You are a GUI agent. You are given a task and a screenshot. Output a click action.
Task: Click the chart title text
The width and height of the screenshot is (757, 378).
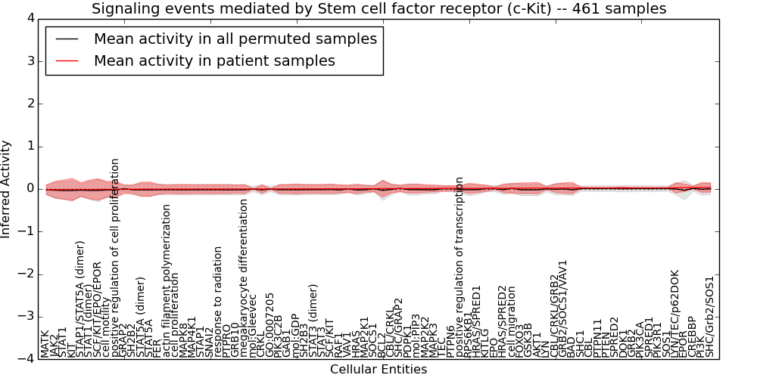pyautogui.click(x=378, y=9)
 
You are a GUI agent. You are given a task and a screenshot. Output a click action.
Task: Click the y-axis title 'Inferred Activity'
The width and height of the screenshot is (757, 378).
pyautogui.click(x=6, y=188)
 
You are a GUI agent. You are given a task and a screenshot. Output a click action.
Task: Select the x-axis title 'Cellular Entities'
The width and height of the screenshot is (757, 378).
pyautogui.click(x=378, y=370)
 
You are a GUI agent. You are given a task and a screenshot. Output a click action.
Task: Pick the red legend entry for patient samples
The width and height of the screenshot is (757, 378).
pyautogui.click(x=214, y=60)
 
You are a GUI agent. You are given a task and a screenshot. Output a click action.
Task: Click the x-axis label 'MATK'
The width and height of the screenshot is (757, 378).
pyautogui.click(x=45, y=344)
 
